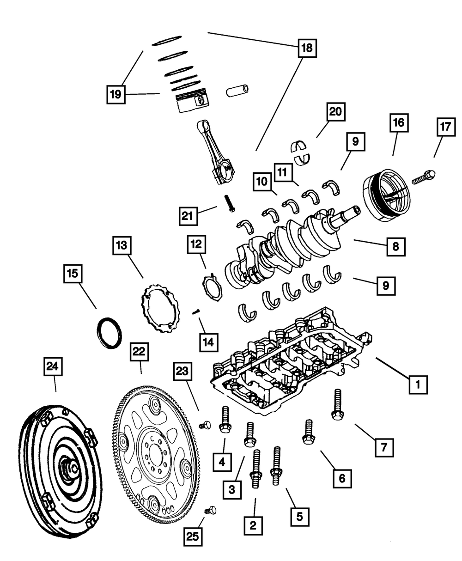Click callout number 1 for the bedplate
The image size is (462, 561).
418,384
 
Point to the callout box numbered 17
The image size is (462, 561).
444,128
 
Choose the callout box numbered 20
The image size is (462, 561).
335,112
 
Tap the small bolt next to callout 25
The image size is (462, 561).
211,510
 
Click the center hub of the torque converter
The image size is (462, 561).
70,469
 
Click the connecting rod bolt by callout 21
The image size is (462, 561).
230,203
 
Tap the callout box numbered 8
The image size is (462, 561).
396,247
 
